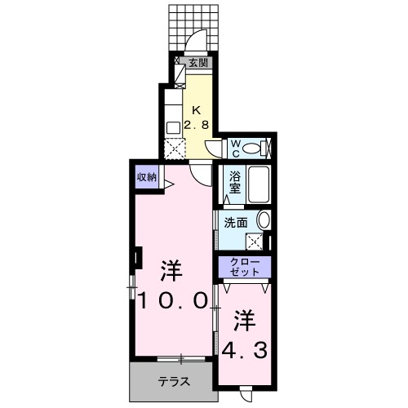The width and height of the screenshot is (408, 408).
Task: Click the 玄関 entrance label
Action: click(198, 61)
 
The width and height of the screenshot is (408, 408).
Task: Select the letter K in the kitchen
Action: click(196, 110)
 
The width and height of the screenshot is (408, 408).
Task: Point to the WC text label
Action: click(234, 148)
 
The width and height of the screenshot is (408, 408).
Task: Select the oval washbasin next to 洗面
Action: click(263, 220)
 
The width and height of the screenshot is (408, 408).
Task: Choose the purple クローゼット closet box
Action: click(244, 267)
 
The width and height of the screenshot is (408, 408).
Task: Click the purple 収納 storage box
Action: click(147, 177)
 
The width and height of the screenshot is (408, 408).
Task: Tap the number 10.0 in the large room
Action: click(171, 299)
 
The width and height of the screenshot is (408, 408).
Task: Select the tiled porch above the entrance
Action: click(196, 24)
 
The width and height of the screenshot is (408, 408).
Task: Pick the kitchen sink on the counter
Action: click(173, 126)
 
